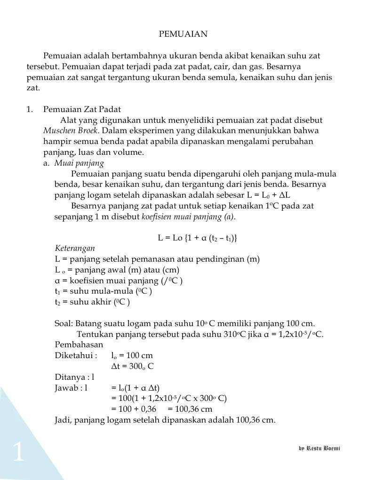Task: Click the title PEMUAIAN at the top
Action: tap(183, 34)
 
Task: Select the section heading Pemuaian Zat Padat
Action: tap(76, 109)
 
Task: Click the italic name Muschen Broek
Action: tap(72, 130)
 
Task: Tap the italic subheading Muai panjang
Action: tap(79, 163)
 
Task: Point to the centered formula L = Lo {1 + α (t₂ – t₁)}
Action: tap(197, 238)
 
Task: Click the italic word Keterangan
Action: tap(75, 248)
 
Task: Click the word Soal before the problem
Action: tap(64, 324)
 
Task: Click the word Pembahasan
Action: tap(79, 345)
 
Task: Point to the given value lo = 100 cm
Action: tap(132, 356)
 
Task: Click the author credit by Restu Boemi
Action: tap(319, 448)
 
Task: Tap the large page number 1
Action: tap(18, 453)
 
